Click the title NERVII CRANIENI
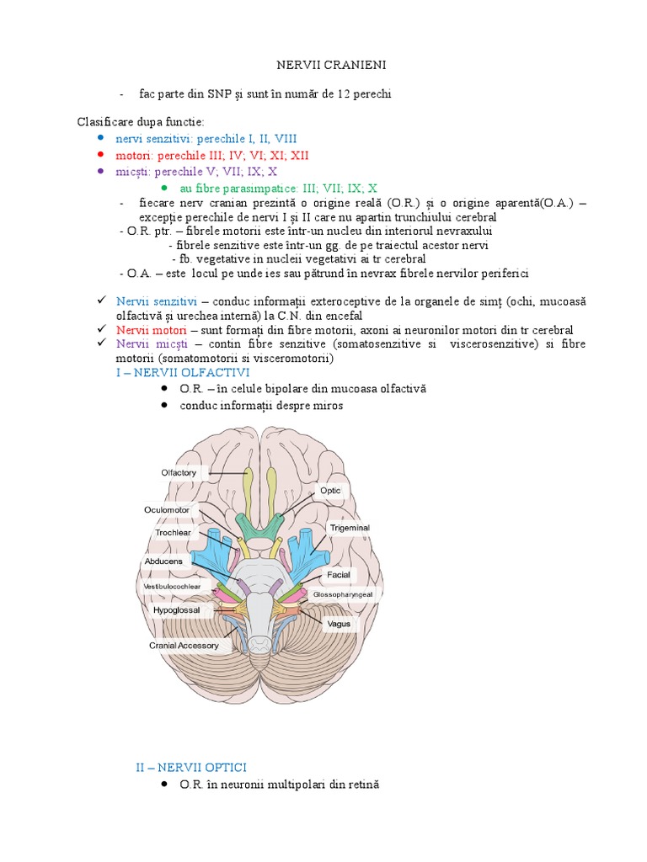(x=323, y=65)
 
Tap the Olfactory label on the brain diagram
(x=179, y=472)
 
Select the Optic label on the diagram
(x=329, y=490)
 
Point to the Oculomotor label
(x=167, y=510)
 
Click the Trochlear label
(x=173, y=532)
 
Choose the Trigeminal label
(x=349, y=528)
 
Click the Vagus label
(x=339, y=624)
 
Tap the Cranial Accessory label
(x=184, y=646)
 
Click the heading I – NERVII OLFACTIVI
(x=183, y=372)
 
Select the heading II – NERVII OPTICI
(x=191, y=767)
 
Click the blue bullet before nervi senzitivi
(x=100, y=138)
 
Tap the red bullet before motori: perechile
(x=100, y=155)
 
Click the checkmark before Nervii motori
(x=101, y=329)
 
